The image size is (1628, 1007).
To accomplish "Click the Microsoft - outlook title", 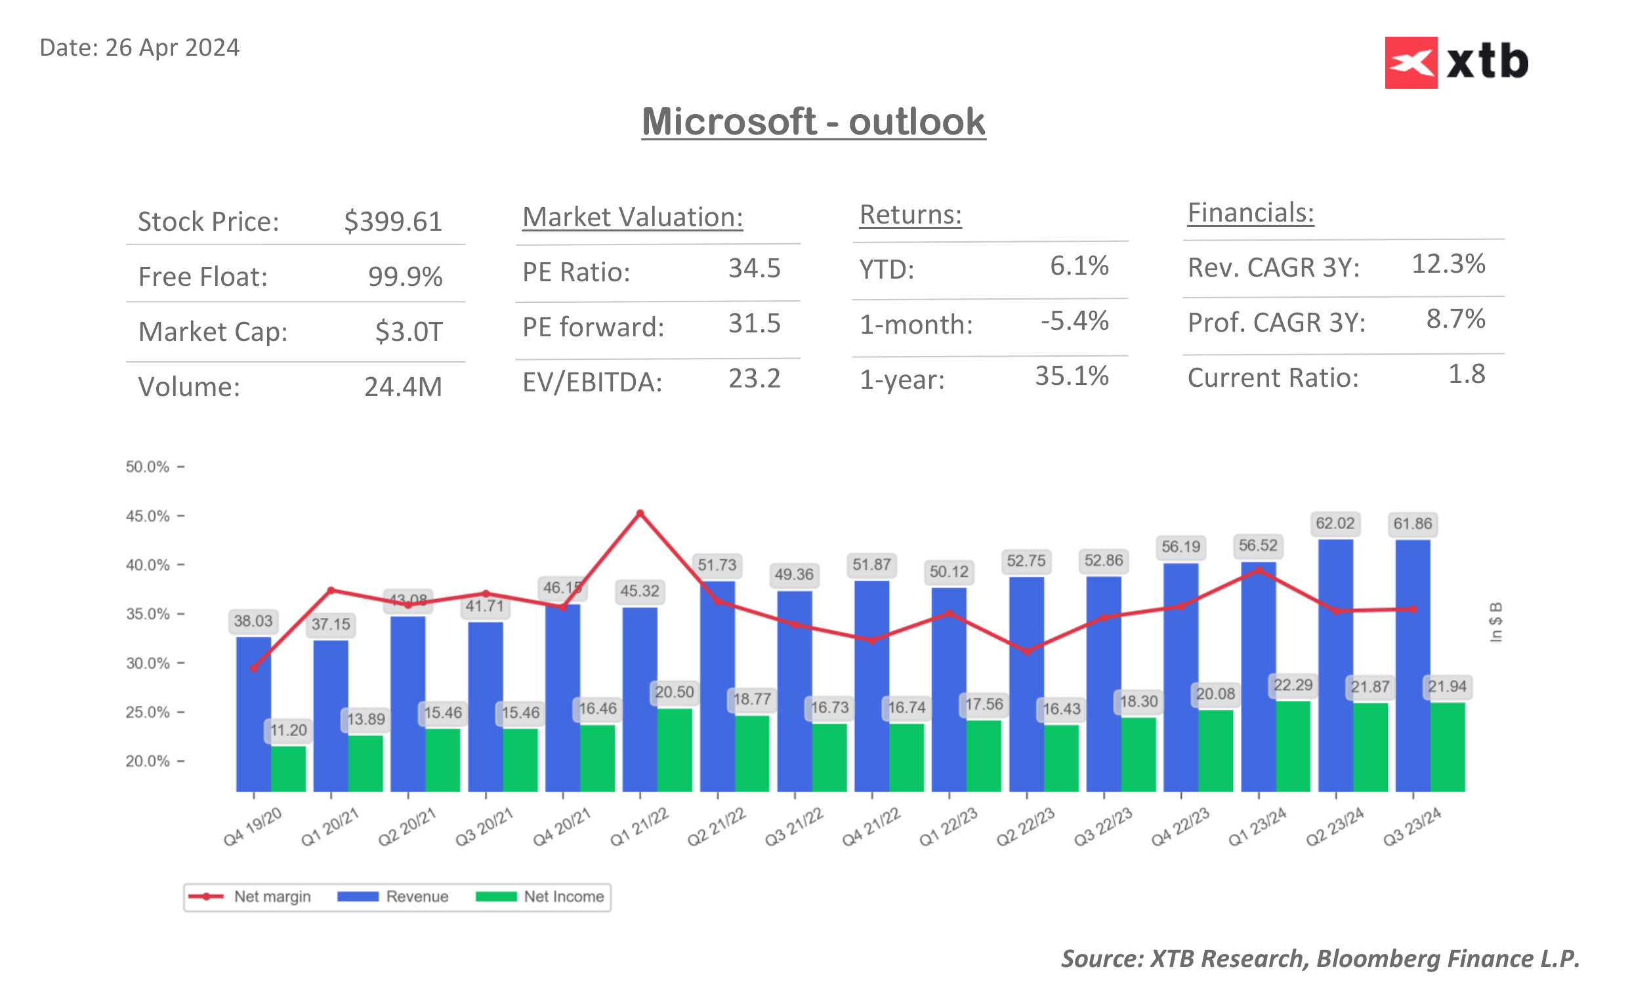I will click(813, 122).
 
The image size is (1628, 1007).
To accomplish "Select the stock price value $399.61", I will click(392, 222).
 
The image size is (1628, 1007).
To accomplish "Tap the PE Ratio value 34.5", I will click(754, 268).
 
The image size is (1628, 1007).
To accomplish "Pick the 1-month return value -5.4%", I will click(1074, 321).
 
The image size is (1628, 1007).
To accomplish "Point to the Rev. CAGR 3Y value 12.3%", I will click(1448, 264).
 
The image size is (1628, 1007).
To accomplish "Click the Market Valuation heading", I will click(632, 217).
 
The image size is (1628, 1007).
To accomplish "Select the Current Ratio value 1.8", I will click(1466, 374).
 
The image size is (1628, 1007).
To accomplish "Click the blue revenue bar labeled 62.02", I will click(1335, 666).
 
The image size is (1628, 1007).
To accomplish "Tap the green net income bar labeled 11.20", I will click(288, 768).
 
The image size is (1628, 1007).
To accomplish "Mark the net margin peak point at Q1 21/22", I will click(640, 513).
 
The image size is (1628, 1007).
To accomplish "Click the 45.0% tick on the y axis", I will click(148, 516).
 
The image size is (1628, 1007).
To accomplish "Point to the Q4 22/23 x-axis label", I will click(1180, 827).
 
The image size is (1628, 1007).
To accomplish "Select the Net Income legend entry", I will click(541, 896).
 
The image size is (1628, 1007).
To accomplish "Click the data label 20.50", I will click(674, 692).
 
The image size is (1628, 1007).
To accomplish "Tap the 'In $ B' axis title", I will click(1495, 622).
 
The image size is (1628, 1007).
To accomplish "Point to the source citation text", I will click(1320, 958).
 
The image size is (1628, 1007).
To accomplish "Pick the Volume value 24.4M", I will click(402, 387).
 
